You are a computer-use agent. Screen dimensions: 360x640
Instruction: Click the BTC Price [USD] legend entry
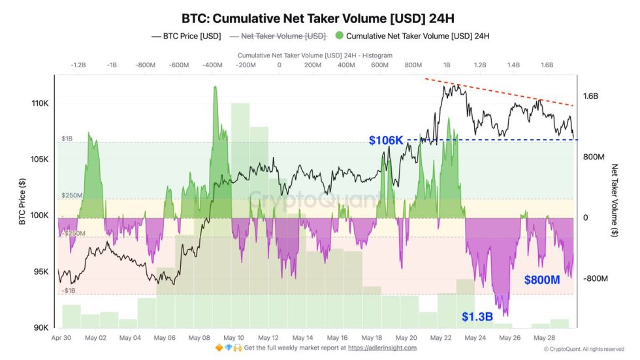(186, 36)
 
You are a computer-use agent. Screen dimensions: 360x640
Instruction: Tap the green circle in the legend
(338, 36)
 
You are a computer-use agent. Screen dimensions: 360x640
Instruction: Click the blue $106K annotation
(386, 140)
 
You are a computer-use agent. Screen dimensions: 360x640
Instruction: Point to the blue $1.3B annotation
(477, 317)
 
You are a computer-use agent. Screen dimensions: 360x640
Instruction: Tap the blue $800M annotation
(541, 280)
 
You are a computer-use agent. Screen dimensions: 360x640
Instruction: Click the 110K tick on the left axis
(40, 104)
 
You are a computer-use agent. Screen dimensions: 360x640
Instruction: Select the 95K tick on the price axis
(42, 272)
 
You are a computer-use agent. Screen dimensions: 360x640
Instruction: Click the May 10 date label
(234, 338)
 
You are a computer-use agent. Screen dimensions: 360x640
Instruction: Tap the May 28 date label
(544, 338)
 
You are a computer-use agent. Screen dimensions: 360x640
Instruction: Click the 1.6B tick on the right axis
(590, 96)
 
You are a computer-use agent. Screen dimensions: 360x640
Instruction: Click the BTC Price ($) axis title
(22, 202)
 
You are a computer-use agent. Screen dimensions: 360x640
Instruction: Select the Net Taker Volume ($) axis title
(615, 202)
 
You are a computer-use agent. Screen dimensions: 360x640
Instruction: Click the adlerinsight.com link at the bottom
(383, 348)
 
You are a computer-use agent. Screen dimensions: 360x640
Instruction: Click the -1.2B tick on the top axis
(78, 65)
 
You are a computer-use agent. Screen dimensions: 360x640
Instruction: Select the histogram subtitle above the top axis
(315, 56)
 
